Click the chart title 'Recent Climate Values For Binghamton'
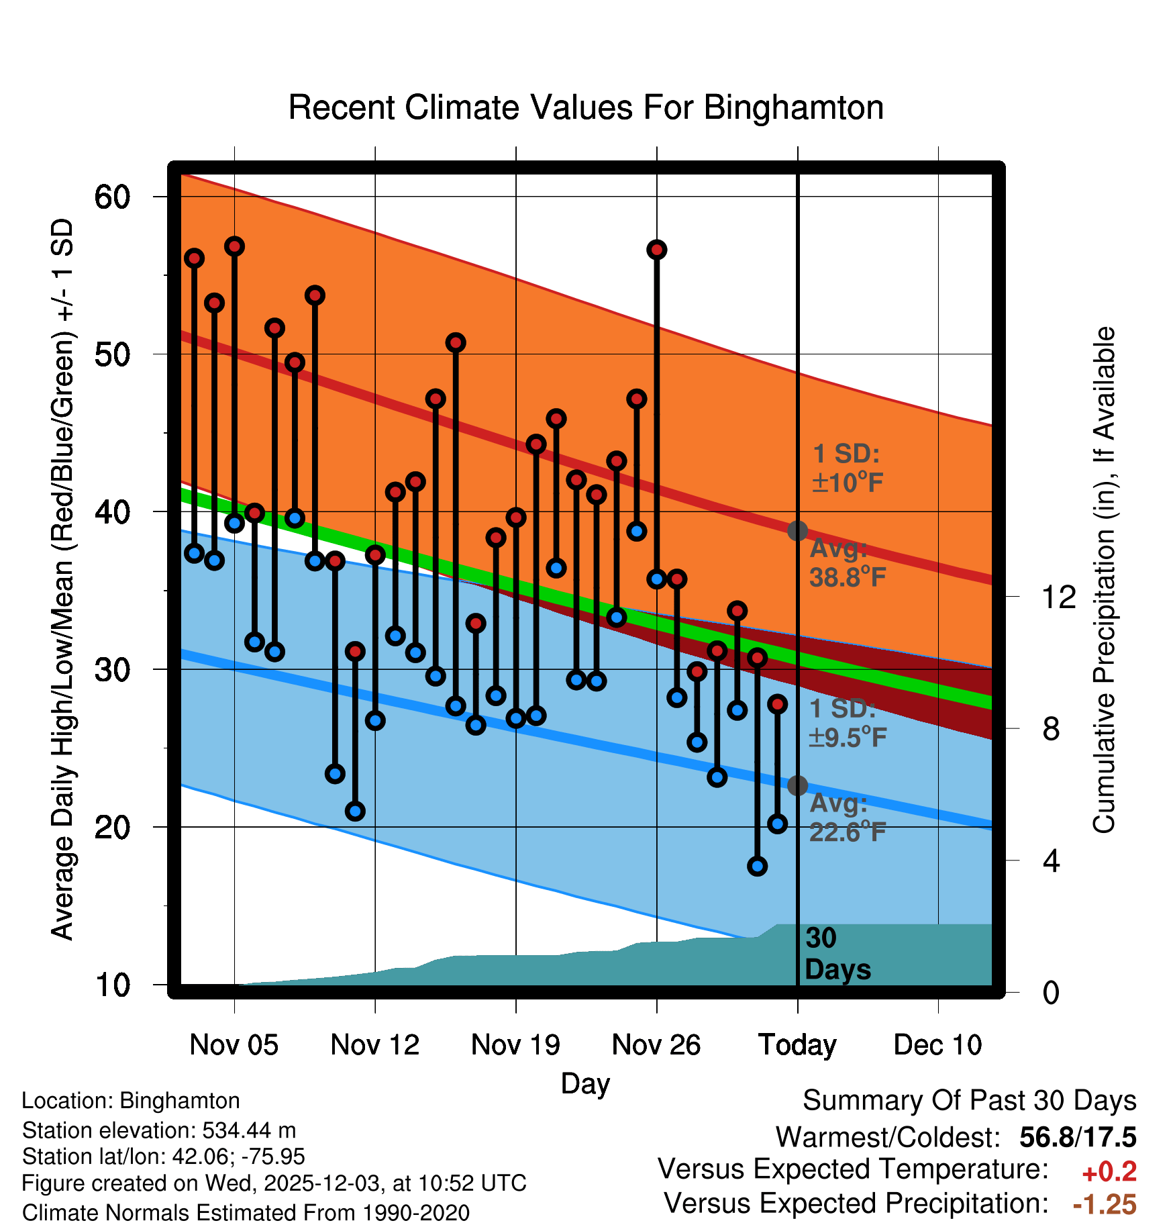pyautogui.click(x=586, y=107)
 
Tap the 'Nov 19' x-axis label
pyautogui.click(x=515, y=1044)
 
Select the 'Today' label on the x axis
pyautogui.click(x=797, y=1044)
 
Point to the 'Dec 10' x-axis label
pyautogui.click(x=937, y=1044)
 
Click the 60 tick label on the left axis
pyautogui.click(x=112, y=197)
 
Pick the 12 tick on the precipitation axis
pyautogui.click(x=1059, y=597)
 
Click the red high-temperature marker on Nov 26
pyautogui.click(x=656, y=250)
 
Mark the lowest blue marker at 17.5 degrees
pyautogui.click(x=757, y=866)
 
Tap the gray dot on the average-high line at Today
pyautogui.click(x=797, y=531)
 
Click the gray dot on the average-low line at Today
pyautogui.click(x=797, y=785)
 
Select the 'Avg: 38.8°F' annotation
pyautogui.click(x=847, y=563)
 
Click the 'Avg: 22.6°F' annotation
pyautogui.click(x=847, y=818)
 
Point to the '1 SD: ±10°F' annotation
pyautogui.click(x=847, y=469)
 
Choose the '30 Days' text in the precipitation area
pyautogui.click(x=837, y=954)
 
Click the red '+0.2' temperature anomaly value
pyautogui.click(x=1109, y=1172)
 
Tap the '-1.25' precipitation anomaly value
pyautogui.click(x=1105, y=1204)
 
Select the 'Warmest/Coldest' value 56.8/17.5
pyautogui.click(x=1078, y=1137)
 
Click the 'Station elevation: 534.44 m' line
pyautogui.click(x=159, y=1130)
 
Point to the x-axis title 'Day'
pyautogui.click(x=585, y=1083)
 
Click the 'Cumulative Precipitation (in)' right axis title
pyautogui.click(x=1103, y=580)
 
